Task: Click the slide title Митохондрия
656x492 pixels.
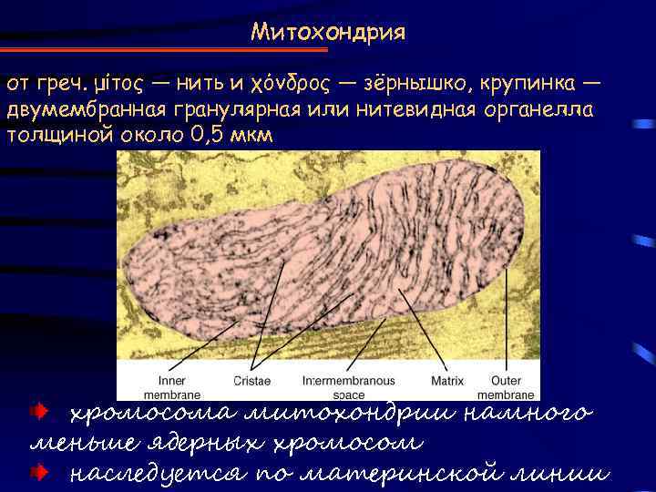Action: coord(328,33)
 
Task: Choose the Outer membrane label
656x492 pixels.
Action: coord(506,386)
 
